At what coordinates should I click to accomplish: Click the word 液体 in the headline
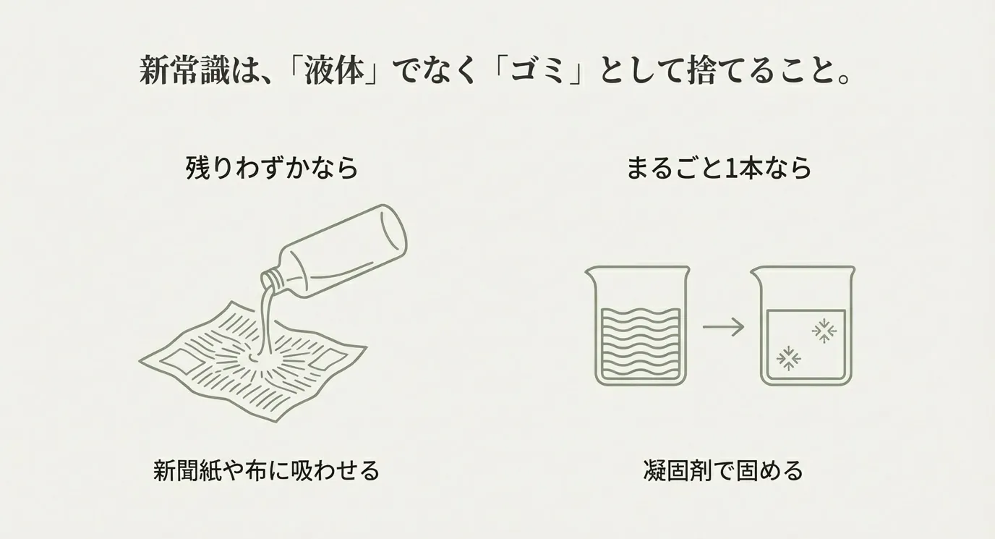point(332,71)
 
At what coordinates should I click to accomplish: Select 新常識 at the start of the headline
point(184,71)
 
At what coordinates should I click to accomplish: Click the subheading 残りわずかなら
point(272,168)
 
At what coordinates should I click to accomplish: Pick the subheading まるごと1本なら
point(719,168)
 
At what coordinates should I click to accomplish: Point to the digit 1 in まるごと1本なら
point(729,168)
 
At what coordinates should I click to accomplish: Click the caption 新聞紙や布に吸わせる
point(266,470)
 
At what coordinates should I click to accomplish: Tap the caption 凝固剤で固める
point(723,470)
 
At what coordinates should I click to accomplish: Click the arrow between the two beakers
point(723,328)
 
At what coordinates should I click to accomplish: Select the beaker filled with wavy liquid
point(638,326)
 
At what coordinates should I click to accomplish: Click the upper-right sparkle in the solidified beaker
point(824,331)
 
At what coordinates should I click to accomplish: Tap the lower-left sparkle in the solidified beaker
point(788,358)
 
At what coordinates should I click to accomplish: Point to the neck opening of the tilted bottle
point(270,279)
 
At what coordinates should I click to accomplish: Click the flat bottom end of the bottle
point(394,231)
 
